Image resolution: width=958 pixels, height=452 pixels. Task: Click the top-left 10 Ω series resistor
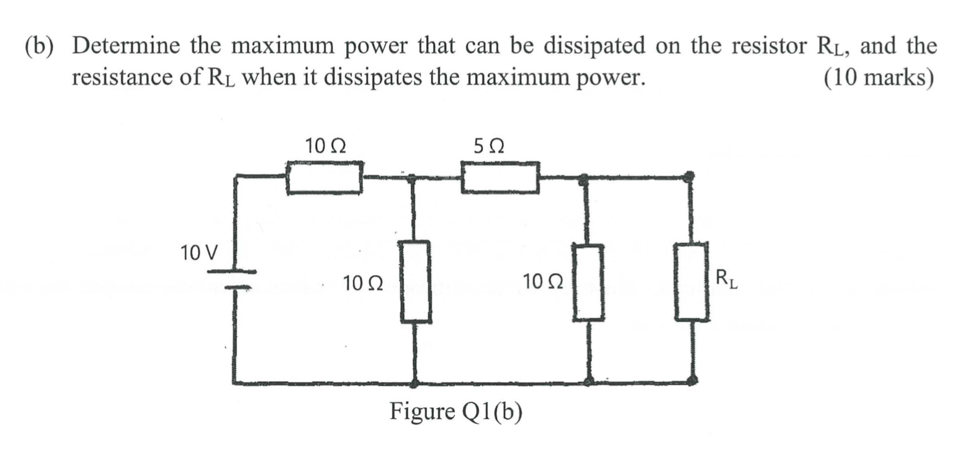324,178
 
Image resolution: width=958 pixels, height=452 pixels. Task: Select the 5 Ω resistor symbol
499,178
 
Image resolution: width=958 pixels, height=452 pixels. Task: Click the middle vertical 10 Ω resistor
415,282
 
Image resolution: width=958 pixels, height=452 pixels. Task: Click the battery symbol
232,279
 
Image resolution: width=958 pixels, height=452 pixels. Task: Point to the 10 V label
199,253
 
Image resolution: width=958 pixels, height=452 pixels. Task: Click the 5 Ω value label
488,147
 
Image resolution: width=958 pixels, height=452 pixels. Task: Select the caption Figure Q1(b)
455,410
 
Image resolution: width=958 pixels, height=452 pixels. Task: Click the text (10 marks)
877,78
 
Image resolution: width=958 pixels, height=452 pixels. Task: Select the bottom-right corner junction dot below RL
692,379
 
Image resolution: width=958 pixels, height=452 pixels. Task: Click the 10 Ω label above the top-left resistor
326,147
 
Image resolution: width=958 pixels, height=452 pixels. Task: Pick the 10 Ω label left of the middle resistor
362,284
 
